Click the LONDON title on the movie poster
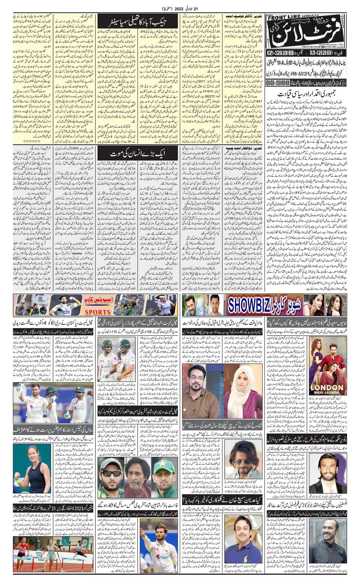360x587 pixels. [326, 388]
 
